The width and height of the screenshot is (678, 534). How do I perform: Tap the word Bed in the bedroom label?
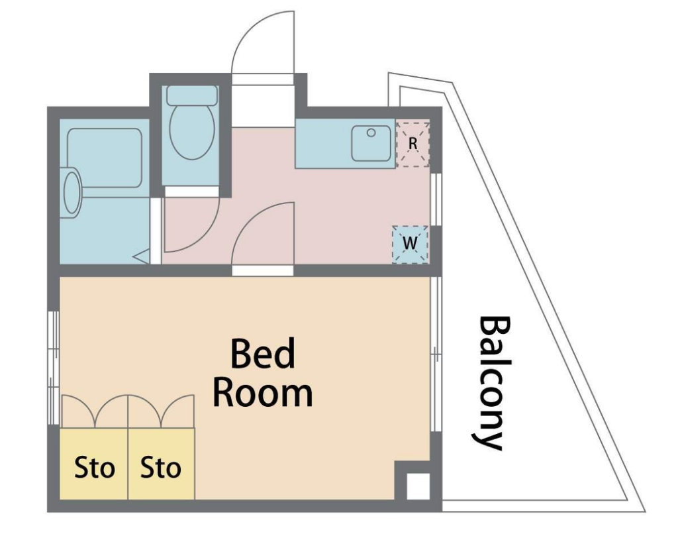263,353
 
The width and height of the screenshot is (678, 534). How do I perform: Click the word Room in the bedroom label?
263,393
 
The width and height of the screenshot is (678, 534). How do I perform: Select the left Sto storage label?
94,468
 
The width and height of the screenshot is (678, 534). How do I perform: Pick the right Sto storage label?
160,468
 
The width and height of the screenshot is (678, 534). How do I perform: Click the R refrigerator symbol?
413,144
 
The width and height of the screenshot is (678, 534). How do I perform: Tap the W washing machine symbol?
410,244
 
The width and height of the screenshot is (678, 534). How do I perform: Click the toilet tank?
192,95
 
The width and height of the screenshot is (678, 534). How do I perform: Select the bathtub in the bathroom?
105,158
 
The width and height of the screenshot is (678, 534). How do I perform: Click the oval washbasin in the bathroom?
72,192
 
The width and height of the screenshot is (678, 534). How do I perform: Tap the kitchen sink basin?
371,143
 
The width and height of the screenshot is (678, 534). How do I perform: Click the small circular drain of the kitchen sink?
371,133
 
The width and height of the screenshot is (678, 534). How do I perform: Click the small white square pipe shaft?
418,486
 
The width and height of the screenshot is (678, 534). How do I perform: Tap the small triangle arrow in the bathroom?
142,257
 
